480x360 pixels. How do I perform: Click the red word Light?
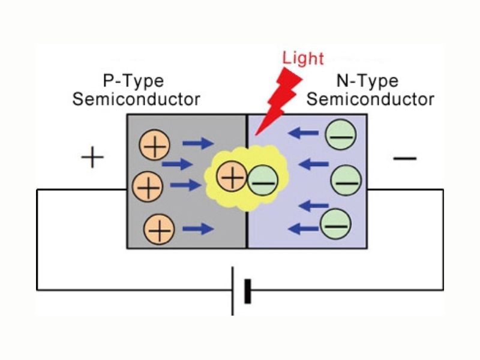303,58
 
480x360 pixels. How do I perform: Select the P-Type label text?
133,81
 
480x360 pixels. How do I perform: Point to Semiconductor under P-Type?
136,99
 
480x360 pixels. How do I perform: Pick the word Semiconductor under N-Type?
370,99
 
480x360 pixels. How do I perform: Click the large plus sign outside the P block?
92,158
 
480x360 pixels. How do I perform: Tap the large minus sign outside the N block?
405,158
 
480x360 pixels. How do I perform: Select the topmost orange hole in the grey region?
155,146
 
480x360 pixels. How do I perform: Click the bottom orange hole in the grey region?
159,229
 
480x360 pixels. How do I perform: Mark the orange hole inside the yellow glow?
232,177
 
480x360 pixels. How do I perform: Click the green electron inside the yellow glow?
262,179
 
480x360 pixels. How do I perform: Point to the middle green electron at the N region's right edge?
347,178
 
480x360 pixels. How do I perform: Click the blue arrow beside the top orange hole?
198,143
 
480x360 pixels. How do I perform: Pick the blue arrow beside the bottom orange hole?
198,228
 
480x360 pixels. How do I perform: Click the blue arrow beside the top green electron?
302,134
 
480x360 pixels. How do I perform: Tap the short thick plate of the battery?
247,290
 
